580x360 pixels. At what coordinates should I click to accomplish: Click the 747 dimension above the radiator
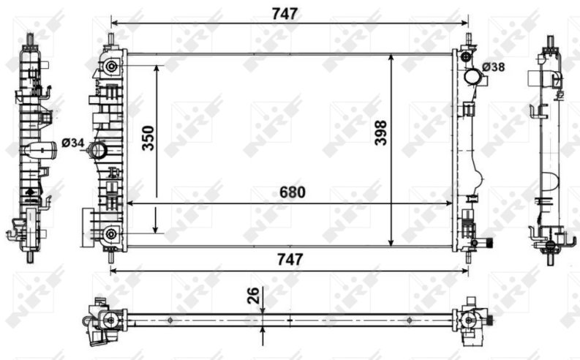point(285,14)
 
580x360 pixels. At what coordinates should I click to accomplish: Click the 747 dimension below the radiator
point(290,259)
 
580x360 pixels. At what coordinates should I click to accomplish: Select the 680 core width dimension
point(293,192)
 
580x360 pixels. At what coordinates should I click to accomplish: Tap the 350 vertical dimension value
point(148,138)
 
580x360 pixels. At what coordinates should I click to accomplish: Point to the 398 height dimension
point(380,133)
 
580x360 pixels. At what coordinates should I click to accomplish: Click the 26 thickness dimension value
point(254,296)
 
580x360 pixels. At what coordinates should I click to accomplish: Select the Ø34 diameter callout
point(73,143)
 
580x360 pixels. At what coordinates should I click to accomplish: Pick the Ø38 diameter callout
point(494,67)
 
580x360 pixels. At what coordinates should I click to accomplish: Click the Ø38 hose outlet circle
point(472,77)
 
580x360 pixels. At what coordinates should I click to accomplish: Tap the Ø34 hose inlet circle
point(99,150)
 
